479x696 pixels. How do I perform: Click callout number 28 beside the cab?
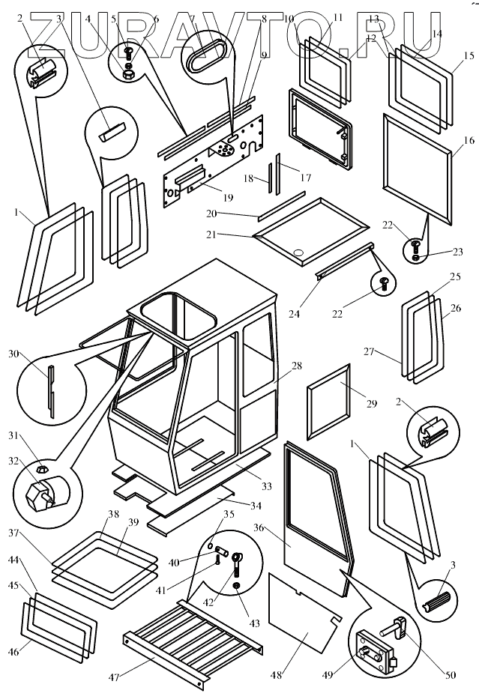pos(297,366)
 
